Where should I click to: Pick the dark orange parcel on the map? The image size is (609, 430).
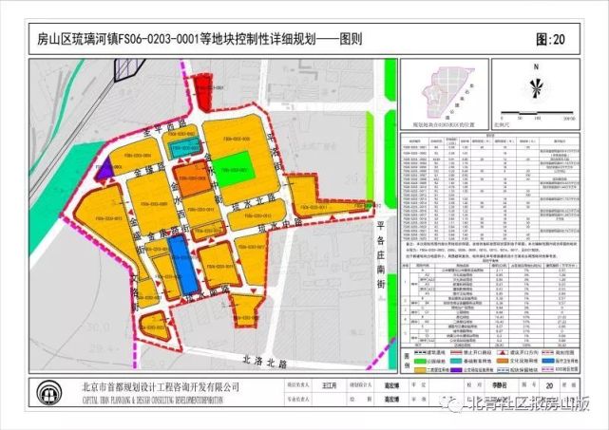(194, 178)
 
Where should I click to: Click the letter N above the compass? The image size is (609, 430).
(537, 66)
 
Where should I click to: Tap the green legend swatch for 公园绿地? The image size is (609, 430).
(412, 360)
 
